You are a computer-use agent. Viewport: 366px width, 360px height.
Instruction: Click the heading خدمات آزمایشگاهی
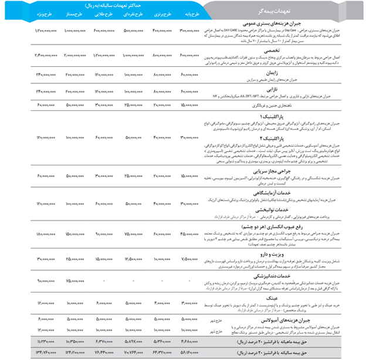tap(268, 193)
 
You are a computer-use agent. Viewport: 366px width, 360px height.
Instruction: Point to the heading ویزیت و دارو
tap(270, 253)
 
